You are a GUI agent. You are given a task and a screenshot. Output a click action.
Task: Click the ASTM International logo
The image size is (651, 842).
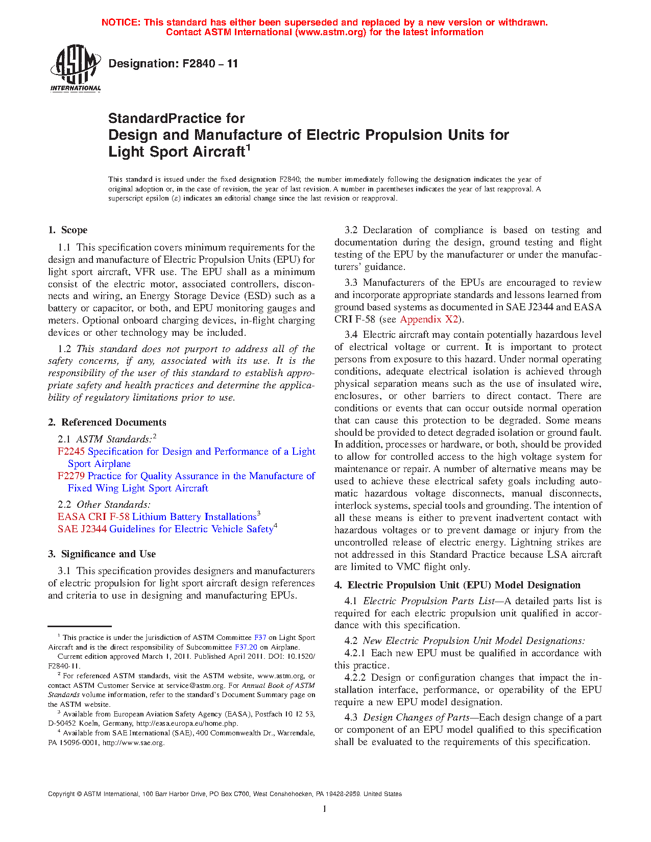76,67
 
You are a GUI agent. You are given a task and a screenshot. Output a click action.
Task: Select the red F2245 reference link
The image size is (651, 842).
71,452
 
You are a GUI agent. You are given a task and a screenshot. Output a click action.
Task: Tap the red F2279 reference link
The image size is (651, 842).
71,476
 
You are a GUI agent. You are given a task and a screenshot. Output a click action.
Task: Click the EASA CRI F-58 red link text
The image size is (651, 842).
93,517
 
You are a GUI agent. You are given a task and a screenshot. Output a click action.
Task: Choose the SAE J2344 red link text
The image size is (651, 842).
82,529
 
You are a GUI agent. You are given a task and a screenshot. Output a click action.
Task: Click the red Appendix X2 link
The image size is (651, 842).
429,319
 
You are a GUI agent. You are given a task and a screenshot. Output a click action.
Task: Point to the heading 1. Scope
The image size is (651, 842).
68,230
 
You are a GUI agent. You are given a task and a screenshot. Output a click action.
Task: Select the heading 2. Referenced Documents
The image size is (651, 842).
107,423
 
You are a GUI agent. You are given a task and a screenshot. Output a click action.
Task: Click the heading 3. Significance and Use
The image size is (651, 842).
102,554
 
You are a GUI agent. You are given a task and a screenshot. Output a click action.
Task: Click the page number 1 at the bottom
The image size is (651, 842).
325,808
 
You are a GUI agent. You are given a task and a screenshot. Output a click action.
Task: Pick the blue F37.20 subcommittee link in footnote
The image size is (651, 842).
246,647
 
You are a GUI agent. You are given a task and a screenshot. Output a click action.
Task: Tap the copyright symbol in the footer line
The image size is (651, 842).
79,794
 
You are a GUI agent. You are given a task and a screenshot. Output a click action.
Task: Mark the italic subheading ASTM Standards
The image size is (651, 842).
113,439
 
